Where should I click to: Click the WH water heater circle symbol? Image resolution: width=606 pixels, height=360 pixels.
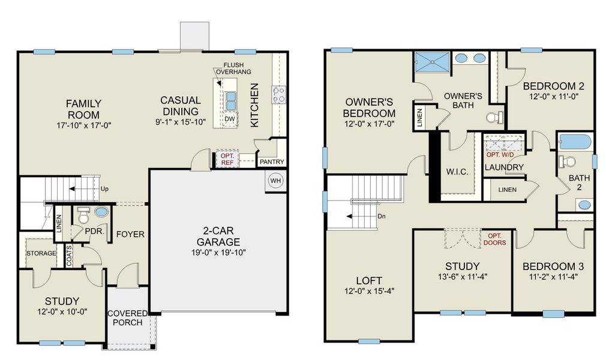click(x=276, y=181)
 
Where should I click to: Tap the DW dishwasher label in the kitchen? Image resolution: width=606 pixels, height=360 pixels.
click(x=229, y=119)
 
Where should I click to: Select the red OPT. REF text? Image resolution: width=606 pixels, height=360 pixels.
click(x=226, y=159)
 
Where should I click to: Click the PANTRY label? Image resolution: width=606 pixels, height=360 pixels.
click(x=270, y=161)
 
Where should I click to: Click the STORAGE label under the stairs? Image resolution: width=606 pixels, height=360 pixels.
click(x=41, y=253)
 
